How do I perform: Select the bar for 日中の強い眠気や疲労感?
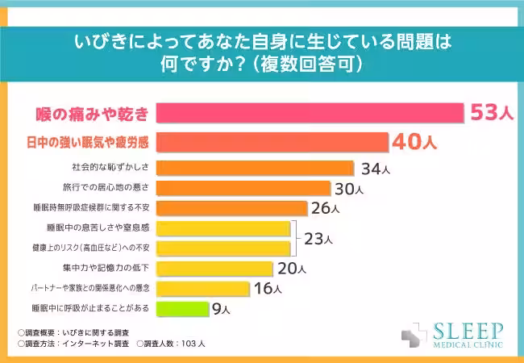(271, 142)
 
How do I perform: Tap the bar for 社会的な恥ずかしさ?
(254, 169)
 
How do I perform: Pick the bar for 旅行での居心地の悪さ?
(243, 189)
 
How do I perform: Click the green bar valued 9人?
(181, 307)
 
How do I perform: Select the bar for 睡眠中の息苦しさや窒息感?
(222, 228)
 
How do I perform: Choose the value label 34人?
(375, 169)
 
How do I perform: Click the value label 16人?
(267, 288)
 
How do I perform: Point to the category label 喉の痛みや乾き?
(89, 114)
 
